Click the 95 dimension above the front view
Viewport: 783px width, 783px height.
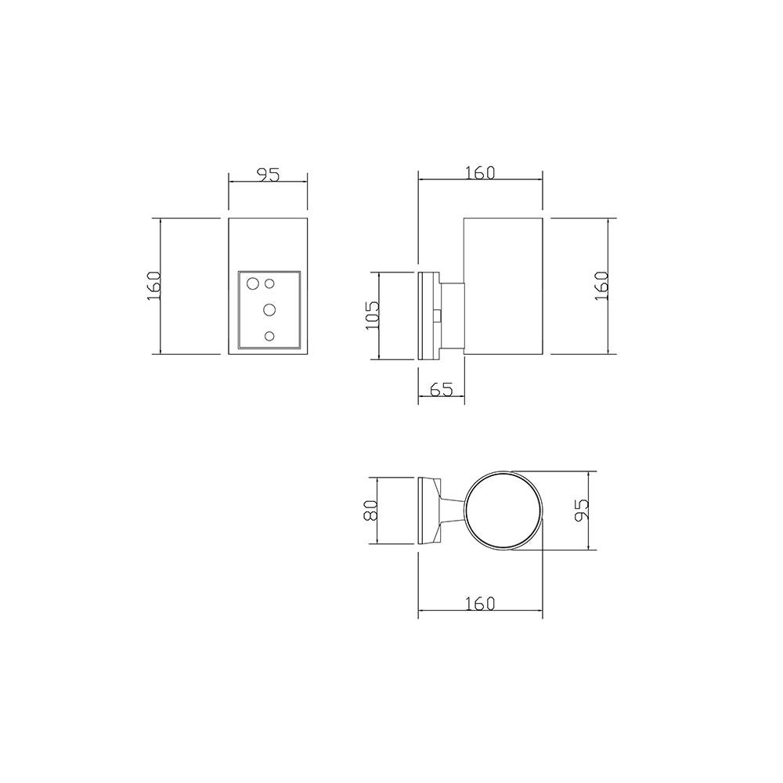click(268, 175)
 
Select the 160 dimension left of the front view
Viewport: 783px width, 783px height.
click(153, 286)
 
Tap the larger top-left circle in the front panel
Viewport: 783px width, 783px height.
click(253, 283)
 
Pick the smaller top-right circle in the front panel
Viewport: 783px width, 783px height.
click(269, 283)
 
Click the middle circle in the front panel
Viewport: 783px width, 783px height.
click(269, 310)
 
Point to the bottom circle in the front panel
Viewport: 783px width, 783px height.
click(269, 336)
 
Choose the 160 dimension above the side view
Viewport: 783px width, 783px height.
click(480, 173)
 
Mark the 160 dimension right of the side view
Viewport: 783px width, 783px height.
click(601, 286)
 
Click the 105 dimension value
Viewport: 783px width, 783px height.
click(373, 315)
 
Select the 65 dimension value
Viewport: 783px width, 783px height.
click(441, 389)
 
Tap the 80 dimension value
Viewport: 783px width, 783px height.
click(370, 511)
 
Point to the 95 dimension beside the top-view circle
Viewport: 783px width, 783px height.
click(583, 511)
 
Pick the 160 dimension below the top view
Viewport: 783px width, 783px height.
click(480, 604)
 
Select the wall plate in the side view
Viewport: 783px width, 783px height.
click(428, 316)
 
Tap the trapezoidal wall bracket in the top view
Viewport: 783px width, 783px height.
click(430, 511)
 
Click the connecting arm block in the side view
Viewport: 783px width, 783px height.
click(452, 316)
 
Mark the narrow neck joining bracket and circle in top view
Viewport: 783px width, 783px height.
click(453, 511)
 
